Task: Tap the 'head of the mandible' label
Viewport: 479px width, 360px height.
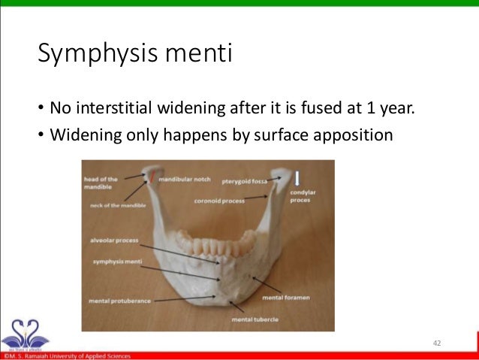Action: tap(101, 183)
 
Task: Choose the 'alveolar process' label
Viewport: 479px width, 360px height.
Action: tap(113, 241)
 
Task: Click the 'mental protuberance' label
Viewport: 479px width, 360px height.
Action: tap(120, 301)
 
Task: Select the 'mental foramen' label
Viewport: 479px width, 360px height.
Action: tap(286, 298)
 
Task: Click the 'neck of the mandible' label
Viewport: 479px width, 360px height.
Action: tap(116, 205)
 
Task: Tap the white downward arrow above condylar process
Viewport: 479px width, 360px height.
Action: tap(298, 179)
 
